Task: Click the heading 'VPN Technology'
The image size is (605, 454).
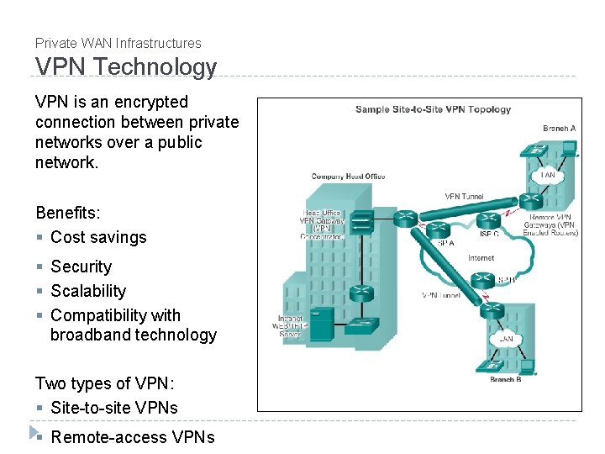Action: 125,67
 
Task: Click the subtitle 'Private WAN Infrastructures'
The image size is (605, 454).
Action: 118,43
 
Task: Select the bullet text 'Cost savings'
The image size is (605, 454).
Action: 98,237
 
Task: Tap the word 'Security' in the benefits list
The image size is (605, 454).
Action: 81,267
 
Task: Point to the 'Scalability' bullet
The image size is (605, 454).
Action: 88,291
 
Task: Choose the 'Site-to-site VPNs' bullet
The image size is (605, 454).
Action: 114,408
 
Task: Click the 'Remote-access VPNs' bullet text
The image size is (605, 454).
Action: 132,437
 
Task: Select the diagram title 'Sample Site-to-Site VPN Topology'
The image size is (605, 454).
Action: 433,109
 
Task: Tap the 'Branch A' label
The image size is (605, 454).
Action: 559,129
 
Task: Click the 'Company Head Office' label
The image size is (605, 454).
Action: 348,177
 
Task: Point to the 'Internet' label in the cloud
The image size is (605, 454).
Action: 481,258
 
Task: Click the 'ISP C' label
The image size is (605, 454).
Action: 488,235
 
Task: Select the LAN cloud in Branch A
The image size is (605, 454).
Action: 548,175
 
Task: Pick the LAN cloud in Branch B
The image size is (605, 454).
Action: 505,339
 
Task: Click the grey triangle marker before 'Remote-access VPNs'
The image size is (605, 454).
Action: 34,433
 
